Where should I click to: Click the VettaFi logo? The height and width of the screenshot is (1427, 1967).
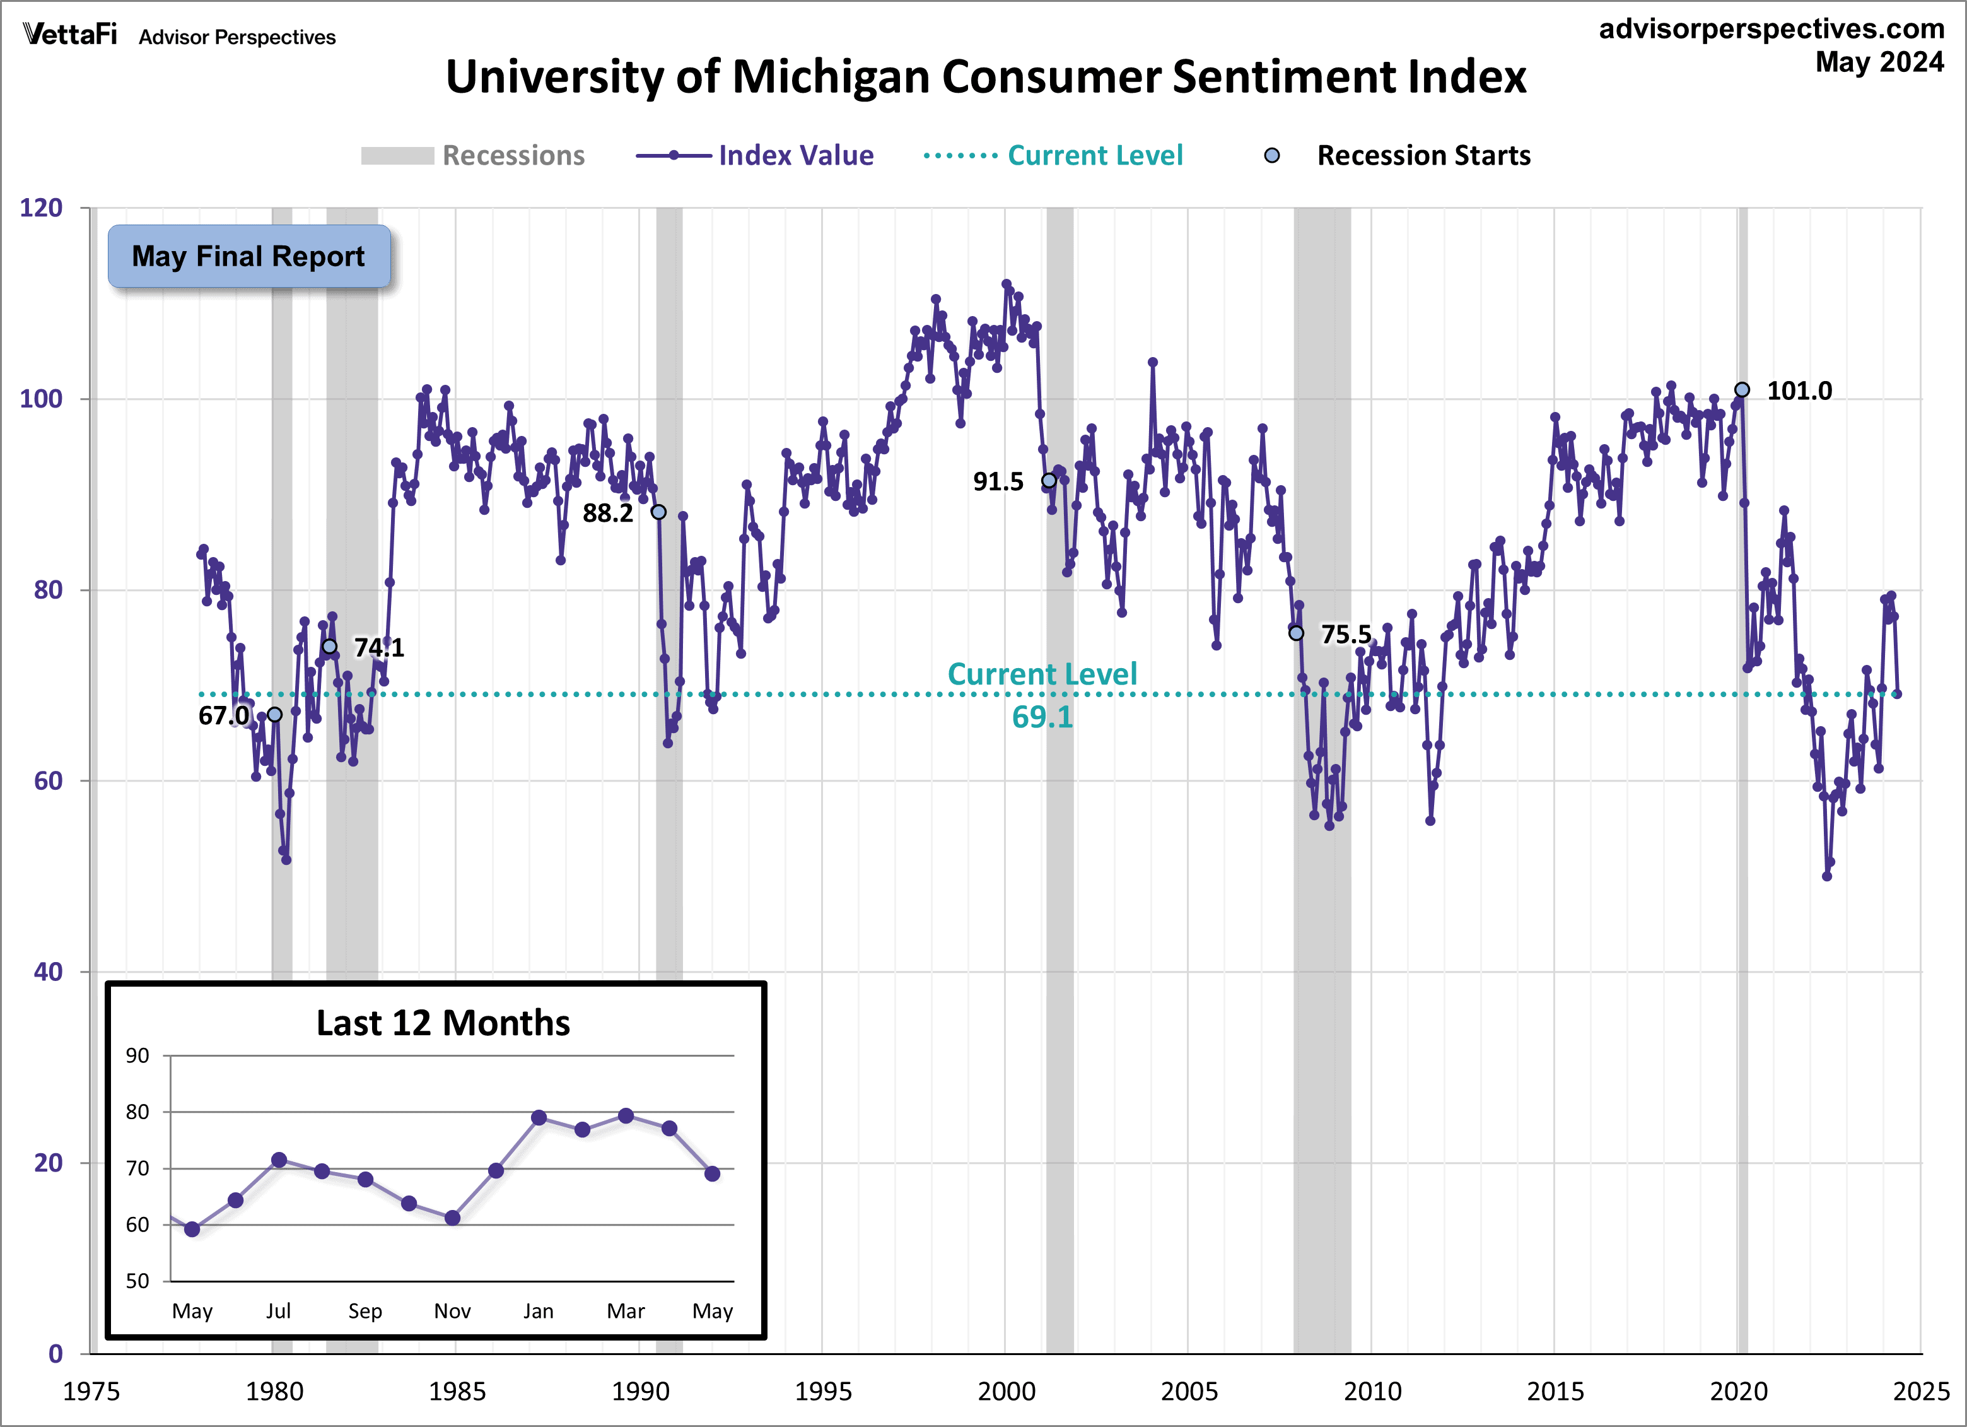coord(69,35)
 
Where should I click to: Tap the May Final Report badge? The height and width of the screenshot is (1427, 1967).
coord(249,257)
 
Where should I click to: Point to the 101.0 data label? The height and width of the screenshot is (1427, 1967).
coord(1800,391)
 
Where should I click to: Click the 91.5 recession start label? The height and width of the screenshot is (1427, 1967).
coord(998,481)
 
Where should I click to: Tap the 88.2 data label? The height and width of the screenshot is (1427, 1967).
coord(607,514)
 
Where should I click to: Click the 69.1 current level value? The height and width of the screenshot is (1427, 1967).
coord(1042,717)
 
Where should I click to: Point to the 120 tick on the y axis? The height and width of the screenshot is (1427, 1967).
coord(42,208)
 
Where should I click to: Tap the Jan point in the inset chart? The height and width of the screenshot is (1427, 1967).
coord(539,1117)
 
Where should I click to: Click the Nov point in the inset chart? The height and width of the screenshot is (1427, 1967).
coord(452,1218)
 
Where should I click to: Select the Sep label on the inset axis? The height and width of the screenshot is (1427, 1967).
coord(365,1311)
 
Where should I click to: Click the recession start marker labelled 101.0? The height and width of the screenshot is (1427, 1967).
coord(1741,389)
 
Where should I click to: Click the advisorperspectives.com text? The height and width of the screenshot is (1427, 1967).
coord(1771,28)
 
